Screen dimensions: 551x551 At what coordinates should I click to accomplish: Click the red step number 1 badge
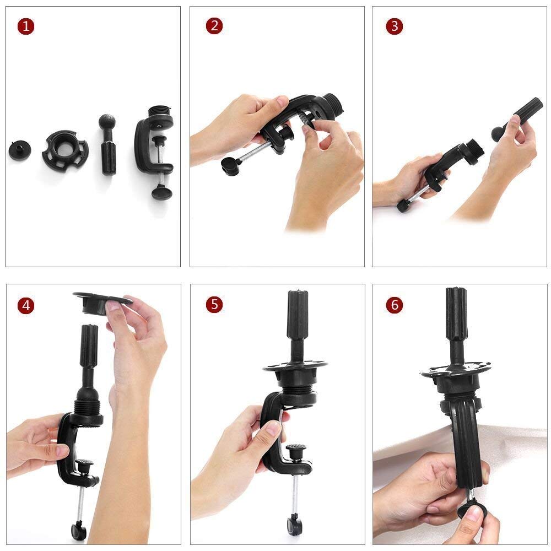pyautogui.click(x=26, y=26)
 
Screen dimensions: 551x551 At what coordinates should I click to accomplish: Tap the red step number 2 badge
pyautogui.click(x=214, y=26)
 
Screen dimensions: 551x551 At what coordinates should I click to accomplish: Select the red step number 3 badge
pyautogui.click(x=394, y=26)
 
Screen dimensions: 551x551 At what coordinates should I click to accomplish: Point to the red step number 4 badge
pyautogui.click(x=26, y=305)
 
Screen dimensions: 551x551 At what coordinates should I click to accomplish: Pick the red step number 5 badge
pyautogui.click(x=214, y=305)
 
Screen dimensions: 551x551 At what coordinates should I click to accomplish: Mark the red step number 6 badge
pyautogui.click(x=394, y=305)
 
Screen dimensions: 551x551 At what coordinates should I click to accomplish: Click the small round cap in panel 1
pyautogui.click(x=19, y=149)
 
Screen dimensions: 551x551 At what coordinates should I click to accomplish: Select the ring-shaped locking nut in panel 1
pyautogui.click(x=64, y=149)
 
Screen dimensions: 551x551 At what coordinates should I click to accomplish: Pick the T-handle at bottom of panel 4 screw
pyautogui.click(x=78, y=531)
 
